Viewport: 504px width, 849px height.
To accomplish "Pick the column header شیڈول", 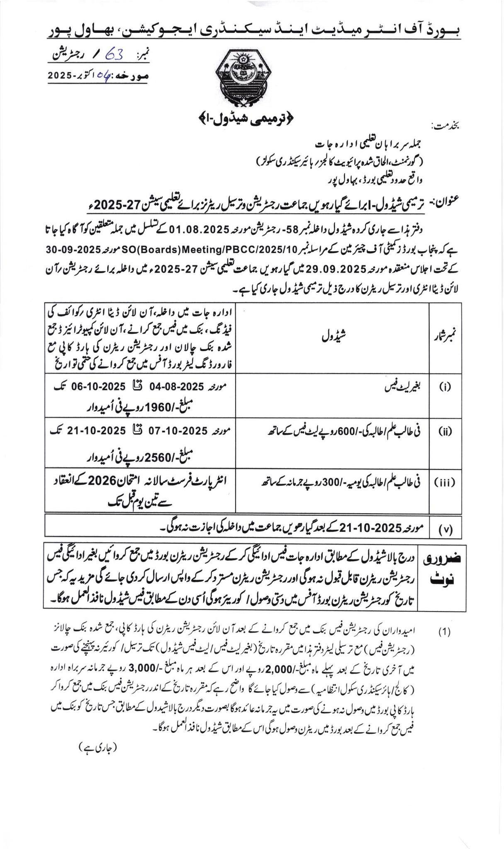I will (334, 338).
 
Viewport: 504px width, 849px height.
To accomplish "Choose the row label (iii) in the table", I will (445, 483).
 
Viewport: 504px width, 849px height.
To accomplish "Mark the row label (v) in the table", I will (445, 530).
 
